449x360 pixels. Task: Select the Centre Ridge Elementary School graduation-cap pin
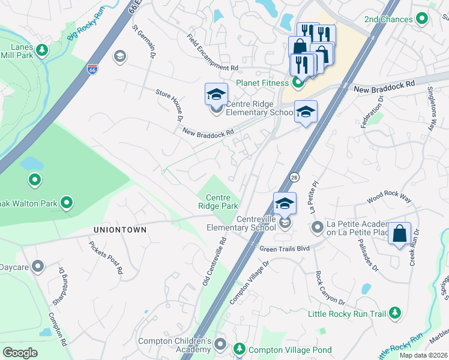pos(217,94)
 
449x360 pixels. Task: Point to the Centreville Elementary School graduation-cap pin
pos(285,204)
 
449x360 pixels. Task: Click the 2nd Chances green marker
pos(422,19)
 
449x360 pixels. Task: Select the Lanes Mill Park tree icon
pos(42,49)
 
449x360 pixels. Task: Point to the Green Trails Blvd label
pos(285,248)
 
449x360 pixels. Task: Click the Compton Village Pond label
pos(290,350)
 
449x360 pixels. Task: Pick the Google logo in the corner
pos(20,353)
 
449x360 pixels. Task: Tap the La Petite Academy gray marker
pos(317,227)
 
